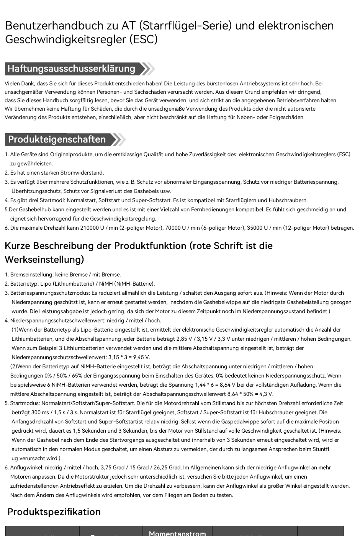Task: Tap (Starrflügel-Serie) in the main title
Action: click(185, 26)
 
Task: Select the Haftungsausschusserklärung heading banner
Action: click(72, 69)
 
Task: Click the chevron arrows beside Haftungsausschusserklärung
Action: click(148, 69)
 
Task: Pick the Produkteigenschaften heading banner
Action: click(57, 139)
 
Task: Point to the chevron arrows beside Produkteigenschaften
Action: click(119, 139)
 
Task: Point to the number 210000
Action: click(89, 228)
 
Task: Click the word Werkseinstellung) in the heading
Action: click(44, 260)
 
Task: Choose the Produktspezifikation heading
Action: click(54, 512)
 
